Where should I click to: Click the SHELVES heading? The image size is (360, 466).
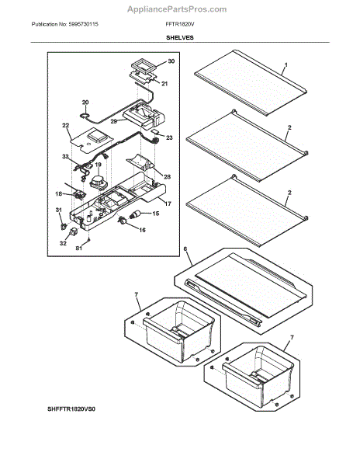tap(180, 38)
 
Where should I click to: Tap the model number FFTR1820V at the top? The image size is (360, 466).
tap(180, 24)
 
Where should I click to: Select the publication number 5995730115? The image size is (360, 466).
tap(83, 24)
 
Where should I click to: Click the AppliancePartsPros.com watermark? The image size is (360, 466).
tap(177, 9)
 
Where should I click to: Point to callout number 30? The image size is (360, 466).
tap(171, 61)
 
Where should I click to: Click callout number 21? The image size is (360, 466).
tap(164, 84)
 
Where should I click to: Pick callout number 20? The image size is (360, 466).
tap(85, 103)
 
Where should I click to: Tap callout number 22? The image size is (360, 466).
tap(66, 126)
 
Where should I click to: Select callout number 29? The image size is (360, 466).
tap(114, 121)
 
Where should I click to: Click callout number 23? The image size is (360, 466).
tap(169, 137)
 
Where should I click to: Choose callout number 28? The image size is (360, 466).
tap(168, 176)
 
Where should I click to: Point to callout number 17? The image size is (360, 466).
tap(168, 203)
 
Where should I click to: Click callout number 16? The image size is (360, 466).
tap(143, 230)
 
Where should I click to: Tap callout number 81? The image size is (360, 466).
tap(78, 249)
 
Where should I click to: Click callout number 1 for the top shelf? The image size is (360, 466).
tap(286, 64)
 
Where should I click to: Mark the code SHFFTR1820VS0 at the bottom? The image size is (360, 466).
tap(71, 409)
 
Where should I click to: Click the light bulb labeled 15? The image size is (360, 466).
tap(137, 214)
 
